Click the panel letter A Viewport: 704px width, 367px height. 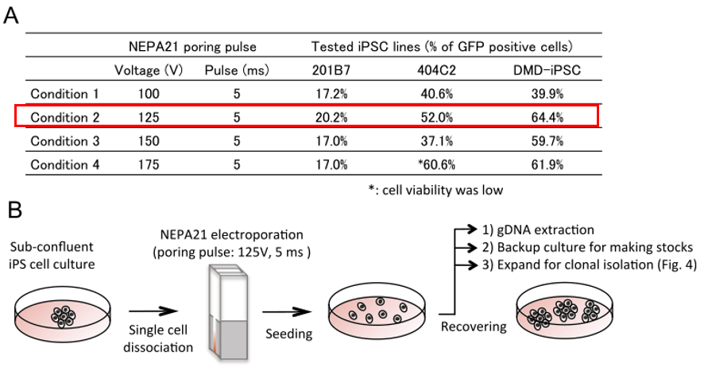click(12, 17)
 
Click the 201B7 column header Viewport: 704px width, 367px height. click(331, 70)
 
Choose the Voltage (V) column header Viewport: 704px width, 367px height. click(149, 70)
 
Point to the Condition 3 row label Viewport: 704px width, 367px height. click(64, 141)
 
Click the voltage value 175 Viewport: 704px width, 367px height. click(149, 164)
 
